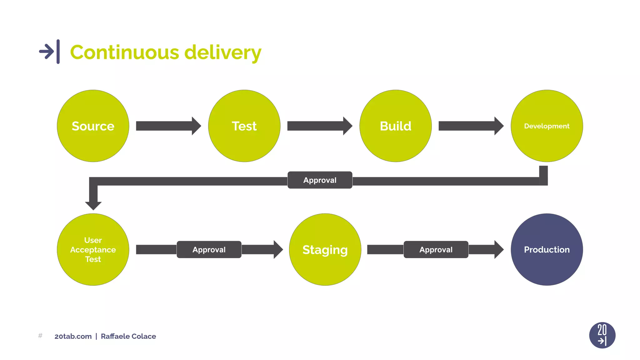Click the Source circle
click(93, 126)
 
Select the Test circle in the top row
click(244, 126)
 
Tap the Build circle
click(395, 126)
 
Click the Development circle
click(547, 126)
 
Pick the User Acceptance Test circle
click(93, 249)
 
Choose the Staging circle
click(325, 249)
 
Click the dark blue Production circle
click(547, 249)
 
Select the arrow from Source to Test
click(168, 126)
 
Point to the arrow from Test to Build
click(319, 126)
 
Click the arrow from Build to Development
click(471, 126)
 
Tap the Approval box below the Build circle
click(320, 180)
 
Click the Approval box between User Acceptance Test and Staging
click(209, 249)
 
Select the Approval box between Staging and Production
click(436, 249)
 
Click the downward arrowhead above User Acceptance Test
click(93, 205)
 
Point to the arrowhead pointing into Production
click(498, 249)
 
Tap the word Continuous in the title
click(124, 52)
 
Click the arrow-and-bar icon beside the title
click(49, 52)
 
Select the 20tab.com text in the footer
click(73, 336)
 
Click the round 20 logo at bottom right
click(602, 335)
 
